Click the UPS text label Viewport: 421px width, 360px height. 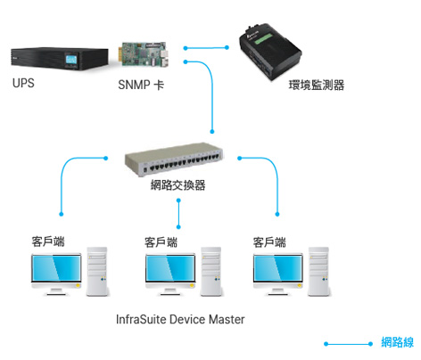[23, 83]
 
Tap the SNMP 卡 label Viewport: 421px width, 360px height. [141, 85]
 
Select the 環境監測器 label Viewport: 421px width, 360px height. [317, 85]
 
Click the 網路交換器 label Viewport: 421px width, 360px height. [177, 184]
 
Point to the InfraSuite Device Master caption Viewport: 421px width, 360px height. [180, 319]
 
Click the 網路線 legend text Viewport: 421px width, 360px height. [398, 342]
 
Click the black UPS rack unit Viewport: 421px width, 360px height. [60, 59]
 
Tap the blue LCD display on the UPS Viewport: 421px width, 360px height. [71, 59]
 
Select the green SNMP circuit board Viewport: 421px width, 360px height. [145, 53]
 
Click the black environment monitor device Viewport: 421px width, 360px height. [270, 53]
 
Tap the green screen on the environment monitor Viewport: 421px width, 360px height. [262, 38]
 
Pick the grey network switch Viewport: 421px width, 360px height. [174, 160]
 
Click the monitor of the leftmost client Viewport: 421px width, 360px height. [56, 274]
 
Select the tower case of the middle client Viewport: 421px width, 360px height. [211, 272]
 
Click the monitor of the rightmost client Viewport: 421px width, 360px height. [278, 274]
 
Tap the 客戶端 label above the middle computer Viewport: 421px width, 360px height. [161, 242]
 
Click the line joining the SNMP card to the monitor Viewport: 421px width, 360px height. [206, 47]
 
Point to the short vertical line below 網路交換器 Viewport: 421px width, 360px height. [178, 214]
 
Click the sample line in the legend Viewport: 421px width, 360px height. [348, 344]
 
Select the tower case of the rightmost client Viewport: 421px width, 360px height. [318, 272]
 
